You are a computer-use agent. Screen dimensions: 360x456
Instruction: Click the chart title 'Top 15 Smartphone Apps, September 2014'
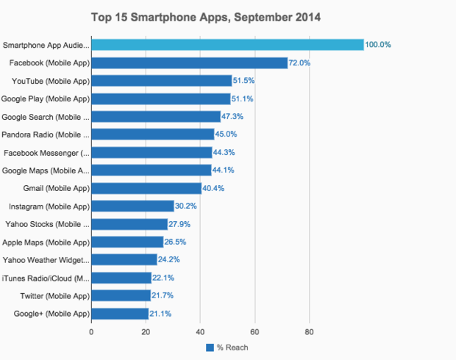(x=205, y=15)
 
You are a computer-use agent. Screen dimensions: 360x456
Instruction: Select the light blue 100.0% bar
(x=227, y=45)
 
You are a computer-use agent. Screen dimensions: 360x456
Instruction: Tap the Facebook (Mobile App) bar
(x=189, y=62)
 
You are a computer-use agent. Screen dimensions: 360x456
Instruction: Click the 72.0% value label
(x=300, y=63)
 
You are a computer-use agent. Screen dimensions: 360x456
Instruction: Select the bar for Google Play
(x=160, y=98)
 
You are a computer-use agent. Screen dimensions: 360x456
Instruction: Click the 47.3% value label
(x=232, y=117)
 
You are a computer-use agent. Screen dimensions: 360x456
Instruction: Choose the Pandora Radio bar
(x=152, y=134)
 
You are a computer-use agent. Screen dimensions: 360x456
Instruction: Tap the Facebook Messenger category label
(x=46, y=152)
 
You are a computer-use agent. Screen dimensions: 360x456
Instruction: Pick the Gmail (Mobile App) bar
(x=146, y=188)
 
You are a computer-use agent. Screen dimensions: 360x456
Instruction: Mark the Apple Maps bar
(x=127, y=242)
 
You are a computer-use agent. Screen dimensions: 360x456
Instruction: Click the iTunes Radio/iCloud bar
(x=121, y=278)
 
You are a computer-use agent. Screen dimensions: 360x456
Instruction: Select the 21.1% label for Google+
(x=161, y=313)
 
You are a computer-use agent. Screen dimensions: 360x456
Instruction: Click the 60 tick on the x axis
(x=255, y=331)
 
